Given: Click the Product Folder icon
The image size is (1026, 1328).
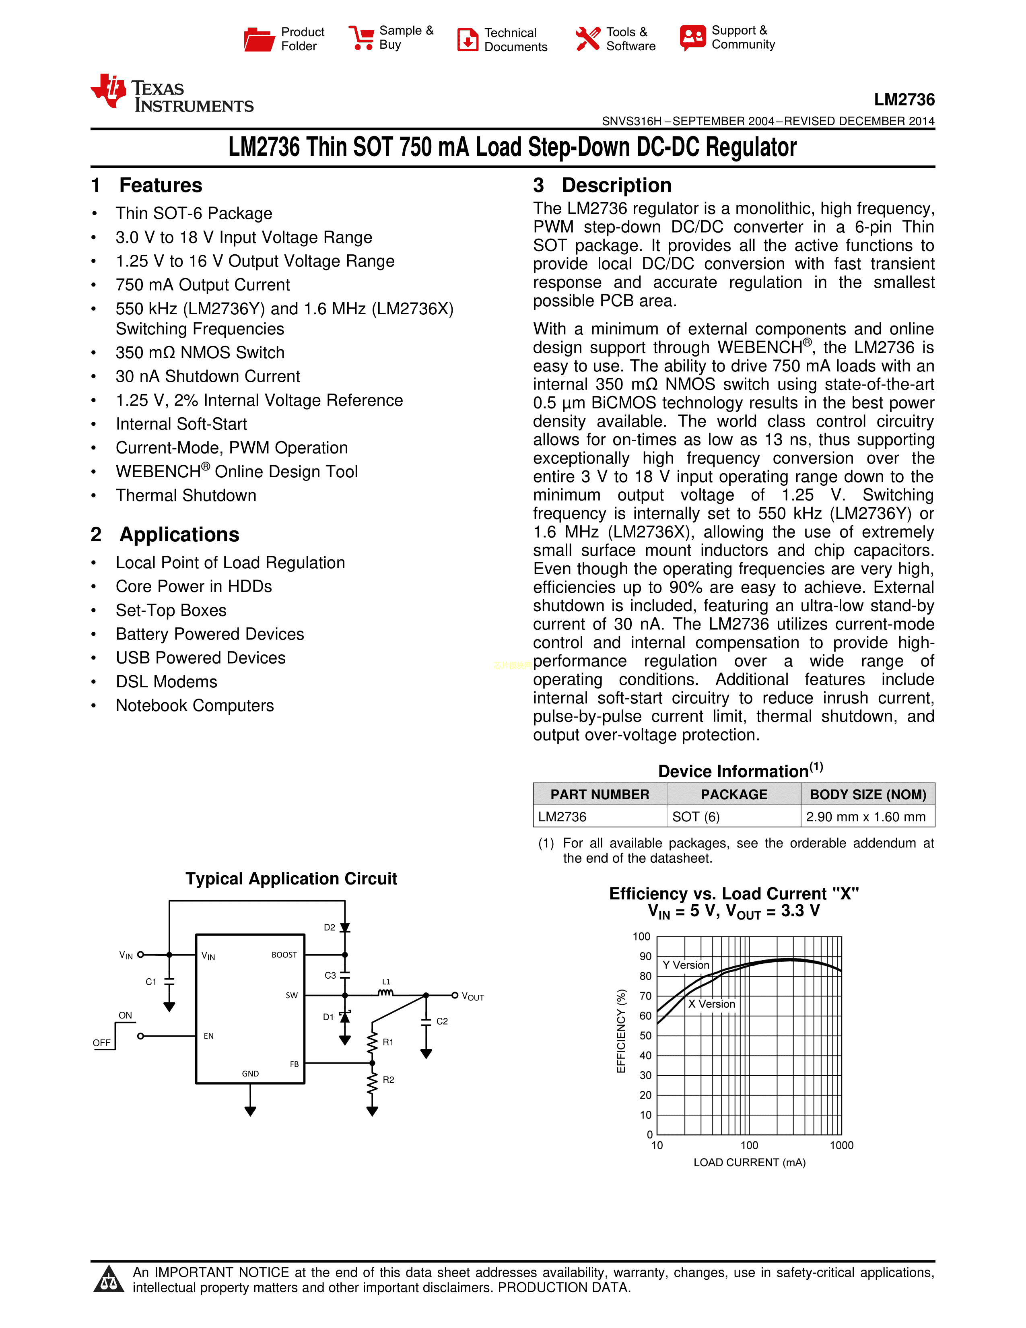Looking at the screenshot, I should coord(259,39).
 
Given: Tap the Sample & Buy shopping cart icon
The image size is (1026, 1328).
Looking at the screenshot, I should coord(362,38).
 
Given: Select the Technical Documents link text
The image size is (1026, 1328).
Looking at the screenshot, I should coord(515,39).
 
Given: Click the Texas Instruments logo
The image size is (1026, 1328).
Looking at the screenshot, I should coord(172,94).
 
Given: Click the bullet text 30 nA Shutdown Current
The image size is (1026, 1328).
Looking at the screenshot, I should coord(208,376).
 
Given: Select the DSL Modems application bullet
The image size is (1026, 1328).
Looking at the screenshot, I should coord(167,682).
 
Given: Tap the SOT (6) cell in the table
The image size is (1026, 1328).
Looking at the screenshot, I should coord(696,817).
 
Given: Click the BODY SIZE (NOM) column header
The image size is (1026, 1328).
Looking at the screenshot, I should coord(868,794).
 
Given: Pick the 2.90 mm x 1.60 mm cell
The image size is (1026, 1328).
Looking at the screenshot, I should coord(865,817).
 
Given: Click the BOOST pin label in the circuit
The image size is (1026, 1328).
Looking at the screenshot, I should coord(284,955).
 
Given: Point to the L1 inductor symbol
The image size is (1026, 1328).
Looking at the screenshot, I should coord(386,993).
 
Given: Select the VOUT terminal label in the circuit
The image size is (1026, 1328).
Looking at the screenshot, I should coord(473,997).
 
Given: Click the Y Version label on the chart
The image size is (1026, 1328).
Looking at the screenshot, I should coord(686,965).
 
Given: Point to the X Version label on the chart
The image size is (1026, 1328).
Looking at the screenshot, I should coord(711,1004).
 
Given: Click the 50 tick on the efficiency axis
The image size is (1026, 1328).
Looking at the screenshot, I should coord(645,1035).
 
